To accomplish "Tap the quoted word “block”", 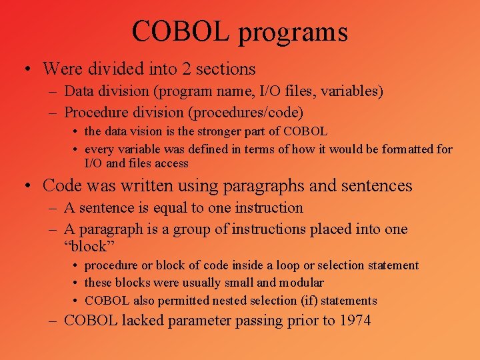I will coord(85,247).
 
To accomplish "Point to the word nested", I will coord(221,301).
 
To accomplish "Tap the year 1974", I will coord(355,321).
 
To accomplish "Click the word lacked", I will coord(142,321).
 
